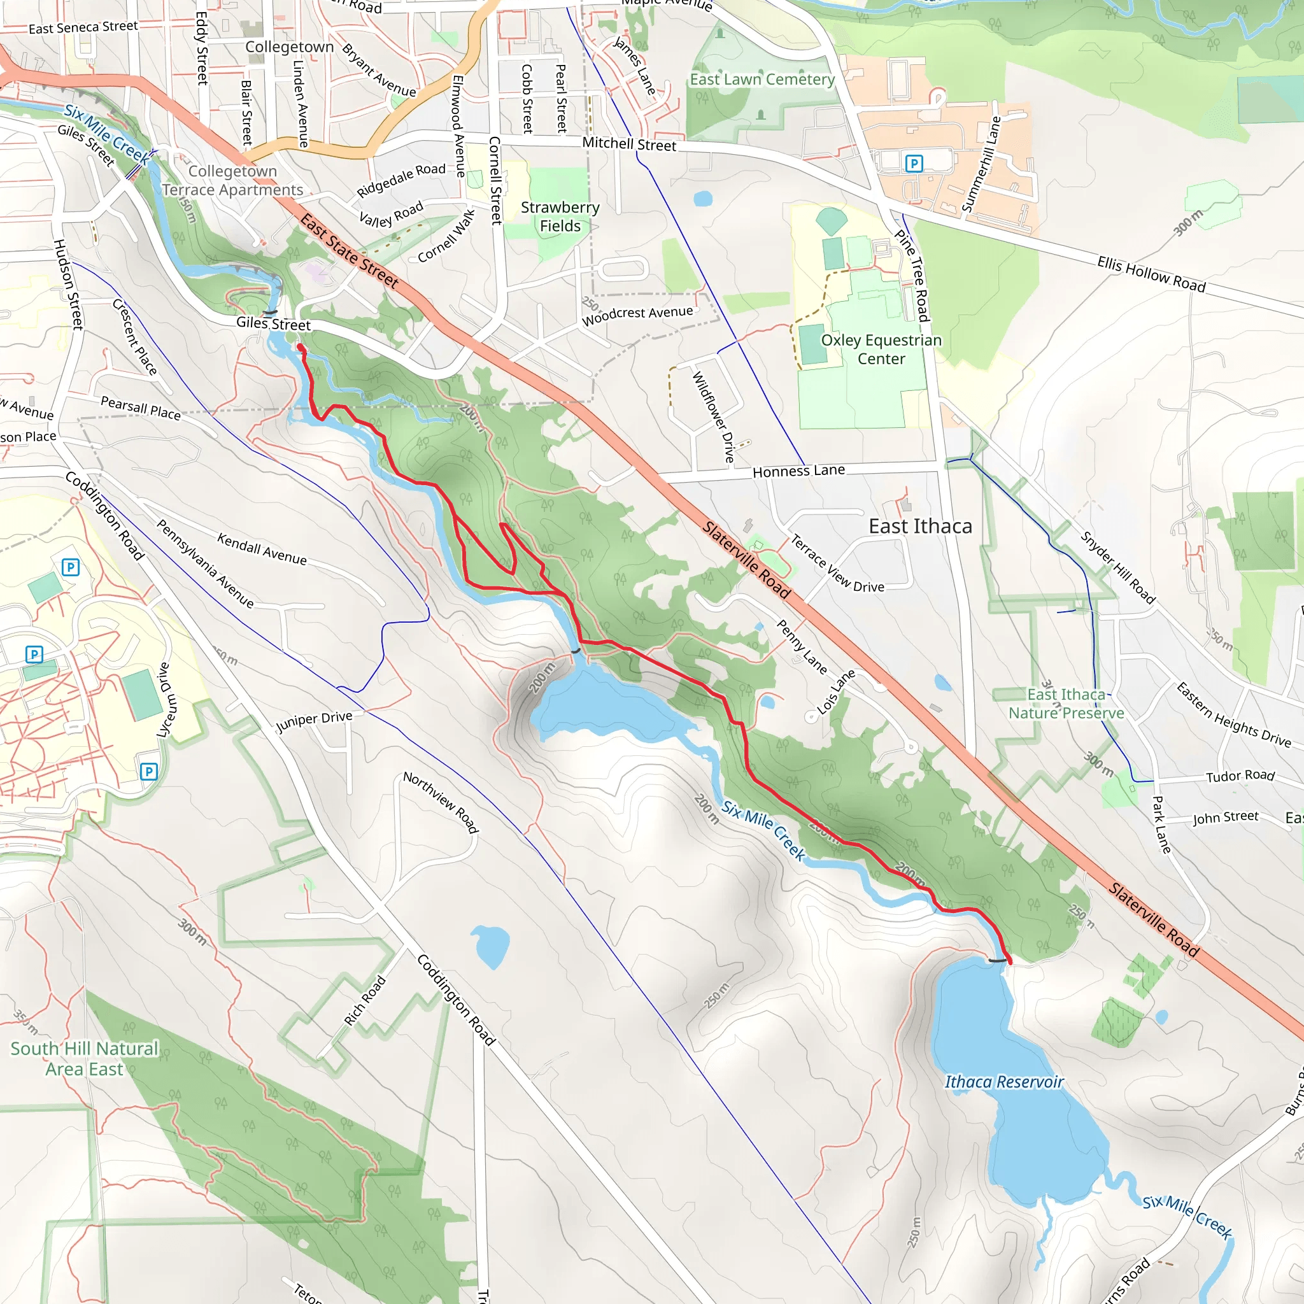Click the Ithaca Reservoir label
(1003, 1082)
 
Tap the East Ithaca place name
(920, 527)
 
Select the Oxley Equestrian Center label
(881, 350)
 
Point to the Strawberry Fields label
(560, 216)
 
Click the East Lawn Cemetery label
(762, 80)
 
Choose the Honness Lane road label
(798, 471)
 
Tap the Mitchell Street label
(629, 144)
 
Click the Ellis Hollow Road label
(1151, 273)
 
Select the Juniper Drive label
(315, 721)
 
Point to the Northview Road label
(441, 802)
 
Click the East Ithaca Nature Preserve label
(1066, 704)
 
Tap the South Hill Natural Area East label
(85, 1058)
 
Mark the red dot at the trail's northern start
(301, 347)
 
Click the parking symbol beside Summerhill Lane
(913, 164)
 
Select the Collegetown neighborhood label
(290, 46)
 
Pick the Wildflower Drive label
(712, 417)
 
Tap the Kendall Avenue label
(262, 548)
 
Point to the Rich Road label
(364, 1001)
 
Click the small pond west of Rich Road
(490, 946)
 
